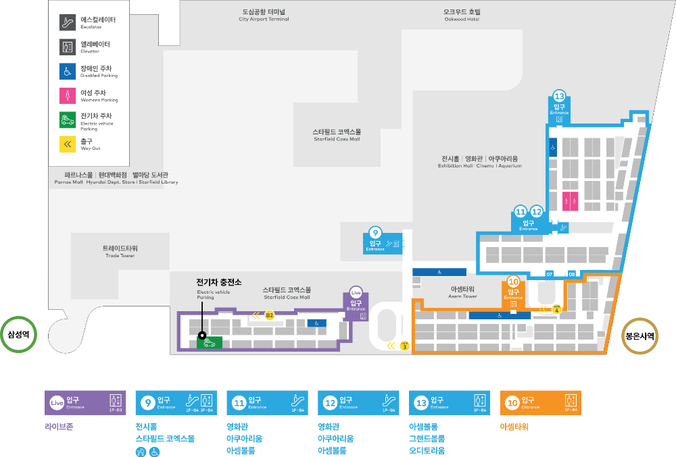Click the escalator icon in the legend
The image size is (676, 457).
(68, 22)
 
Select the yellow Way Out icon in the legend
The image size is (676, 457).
(68, 144)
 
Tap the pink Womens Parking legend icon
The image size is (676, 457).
(68, 95)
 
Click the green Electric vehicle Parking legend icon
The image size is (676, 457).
(68, 119)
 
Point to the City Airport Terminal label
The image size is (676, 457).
(264, 15)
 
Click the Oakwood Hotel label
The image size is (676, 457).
(462, 15)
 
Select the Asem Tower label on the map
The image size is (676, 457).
(464, 292)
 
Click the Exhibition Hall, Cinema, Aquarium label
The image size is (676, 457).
(479, 161)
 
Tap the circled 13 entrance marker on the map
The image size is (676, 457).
(559, 96)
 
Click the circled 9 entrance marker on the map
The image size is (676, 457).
(376, 233)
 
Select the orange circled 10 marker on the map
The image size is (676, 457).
(513, 282)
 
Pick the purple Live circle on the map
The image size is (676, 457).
(356, 293)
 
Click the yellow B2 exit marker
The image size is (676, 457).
(269, 315)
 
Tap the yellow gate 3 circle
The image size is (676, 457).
(405, 346)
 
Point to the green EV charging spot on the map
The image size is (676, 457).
(210, 342)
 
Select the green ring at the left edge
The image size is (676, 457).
(18, 334)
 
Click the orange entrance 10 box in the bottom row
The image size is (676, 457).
(540, 403)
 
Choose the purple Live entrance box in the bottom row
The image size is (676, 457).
(84, 403)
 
